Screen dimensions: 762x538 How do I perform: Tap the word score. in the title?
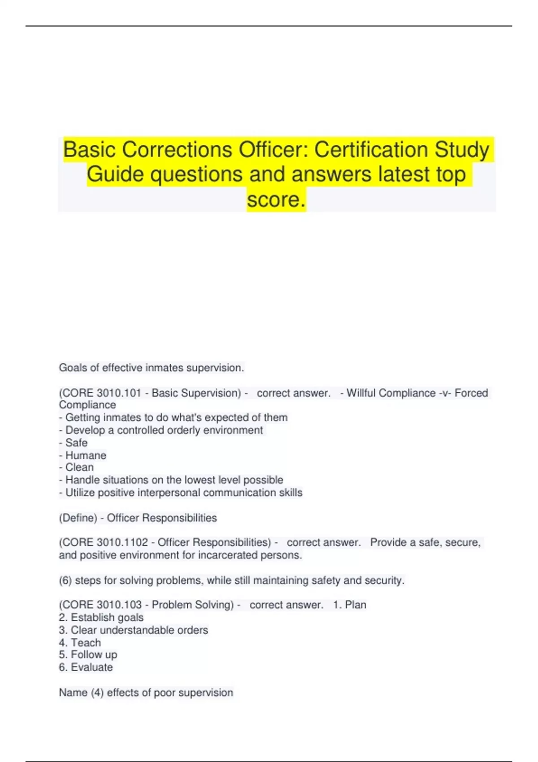(276, 199)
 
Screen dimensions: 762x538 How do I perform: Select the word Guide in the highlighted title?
(115, 174)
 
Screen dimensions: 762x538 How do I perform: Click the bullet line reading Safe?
(74, 443)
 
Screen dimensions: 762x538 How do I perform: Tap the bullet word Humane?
(86, 455)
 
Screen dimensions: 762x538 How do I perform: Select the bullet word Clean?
(79, 468)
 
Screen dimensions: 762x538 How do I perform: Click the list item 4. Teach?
(80, 642)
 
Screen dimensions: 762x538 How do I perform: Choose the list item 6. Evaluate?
(86, 667)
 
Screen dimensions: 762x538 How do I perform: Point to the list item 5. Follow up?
(88, 655)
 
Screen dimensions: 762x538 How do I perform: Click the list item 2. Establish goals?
(101, 617)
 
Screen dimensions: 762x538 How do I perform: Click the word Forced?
(471, 393)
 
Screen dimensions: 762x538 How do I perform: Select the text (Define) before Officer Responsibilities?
(78, 518)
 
